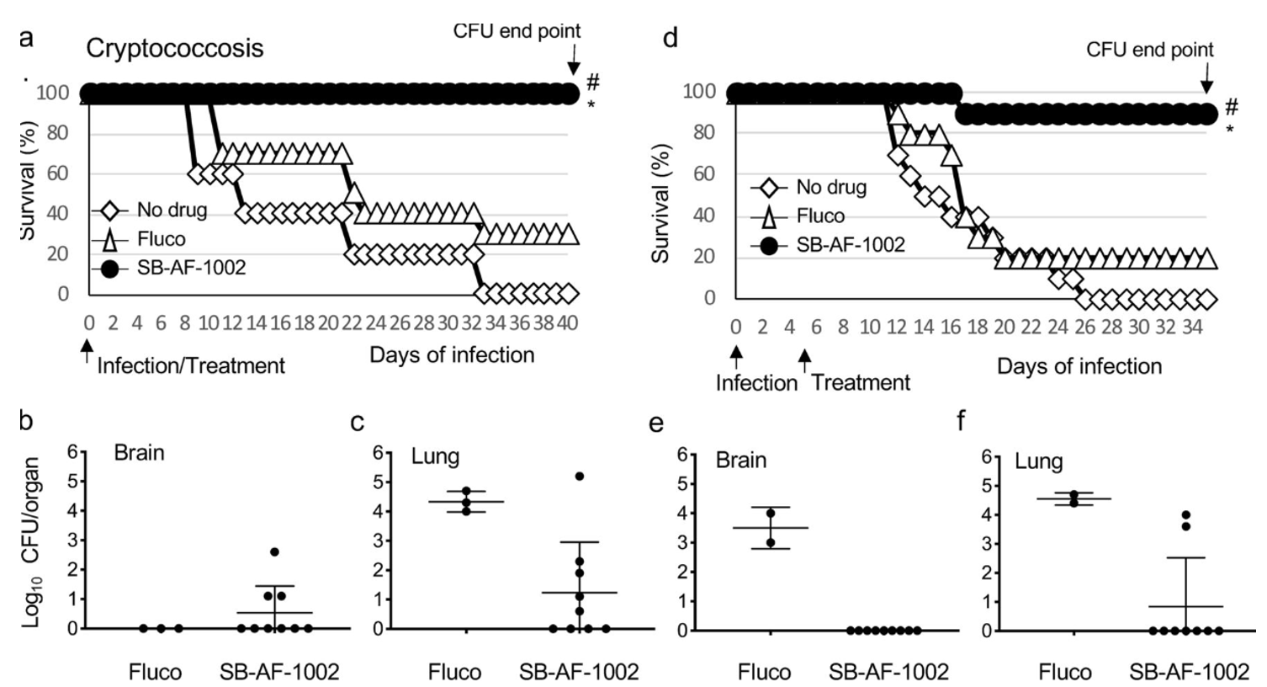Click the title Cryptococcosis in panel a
pyautogui.click(x=175, y=48)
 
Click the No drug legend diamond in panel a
pyautogui.click(x=109, y=210)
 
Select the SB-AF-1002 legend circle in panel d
pyautogui.click(x=769, y=245)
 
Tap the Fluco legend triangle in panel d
pyautogui.click(x=769, y=216)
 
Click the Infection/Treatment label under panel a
pyautogui.click(x=191, y=365)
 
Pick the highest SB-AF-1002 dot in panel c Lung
pyautogui.click(x=580, y=477)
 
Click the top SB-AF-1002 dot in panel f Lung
pyautogui.click(x=1185, y=515)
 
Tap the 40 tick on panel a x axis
pyautogui.click(x=568, y=322)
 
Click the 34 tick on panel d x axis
pyautogui.click(x=1192, y=327)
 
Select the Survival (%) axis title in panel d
pyautogui.click(x=663, y=203)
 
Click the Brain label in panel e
pyautogui.click(x=741, y=460)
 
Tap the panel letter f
pyautogui.click(x=962, y=420)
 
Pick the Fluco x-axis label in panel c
pyautogui.click(x=454, y=672)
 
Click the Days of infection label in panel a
pyautogui.click(x=452, y=354)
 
